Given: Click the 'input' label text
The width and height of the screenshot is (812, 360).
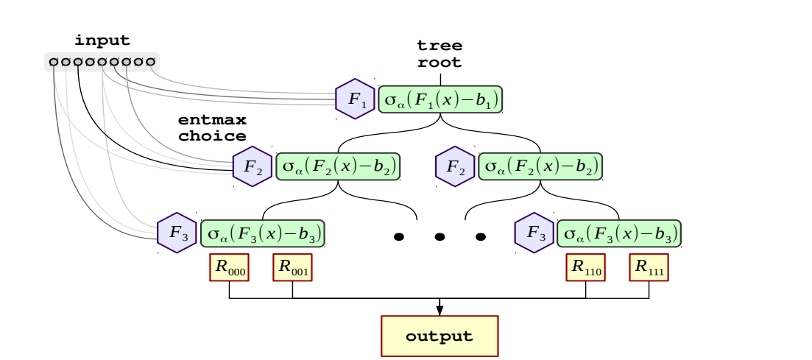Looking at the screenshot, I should (x=102, y=40).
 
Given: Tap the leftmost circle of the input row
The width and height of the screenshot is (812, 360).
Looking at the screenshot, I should (x=54, y=61).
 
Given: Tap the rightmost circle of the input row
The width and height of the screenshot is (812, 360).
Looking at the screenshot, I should (x=151, y=61).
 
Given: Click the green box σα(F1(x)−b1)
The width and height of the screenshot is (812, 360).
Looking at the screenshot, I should (x=440, y=99).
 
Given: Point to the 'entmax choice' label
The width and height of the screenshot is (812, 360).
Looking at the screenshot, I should (x=212, y=127).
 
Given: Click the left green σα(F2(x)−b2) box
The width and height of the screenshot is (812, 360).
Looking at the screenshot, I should (x=337, y=166).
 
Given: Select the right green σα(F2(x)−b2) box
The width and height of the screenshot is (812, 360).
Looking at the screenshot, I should (x=540, y=166).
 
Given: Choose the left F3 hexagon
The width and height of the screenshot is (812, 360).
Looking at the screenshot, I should (x=177, y=233).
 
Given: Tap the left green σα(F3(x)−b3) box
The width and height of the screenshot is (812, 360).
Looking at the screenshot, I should (x=263, y=233).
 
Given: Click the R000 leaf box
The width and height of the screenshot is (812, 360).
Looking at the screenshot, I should (x=230, y=267).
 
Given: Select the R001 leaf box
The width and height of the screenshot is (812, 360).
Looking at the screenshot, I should (x=293, y=267).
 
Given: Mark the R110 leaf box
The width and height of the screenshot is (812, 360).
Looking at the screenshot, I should (x=586, y=267).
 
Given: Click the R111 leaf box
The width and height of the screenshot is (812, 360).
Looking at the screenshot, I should (x=649, y=267).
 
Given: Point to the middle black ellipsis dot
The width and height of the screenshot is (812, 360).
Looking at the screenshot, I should (x=439, y=237).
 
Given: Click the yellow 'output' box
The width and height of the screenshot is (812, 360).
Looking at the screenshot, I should (x=439, y=336).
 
